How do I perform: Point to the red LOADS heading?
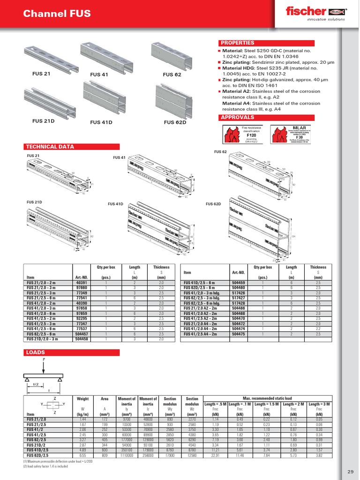coord(35,352)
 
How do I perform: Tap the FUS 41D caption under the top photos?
coord(101,122)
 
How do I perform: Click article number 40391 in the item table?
coord(82,283)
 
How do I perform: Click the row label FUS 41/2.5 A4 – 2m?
coord(200,334)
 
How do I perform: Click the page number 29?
coord(351,471)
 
